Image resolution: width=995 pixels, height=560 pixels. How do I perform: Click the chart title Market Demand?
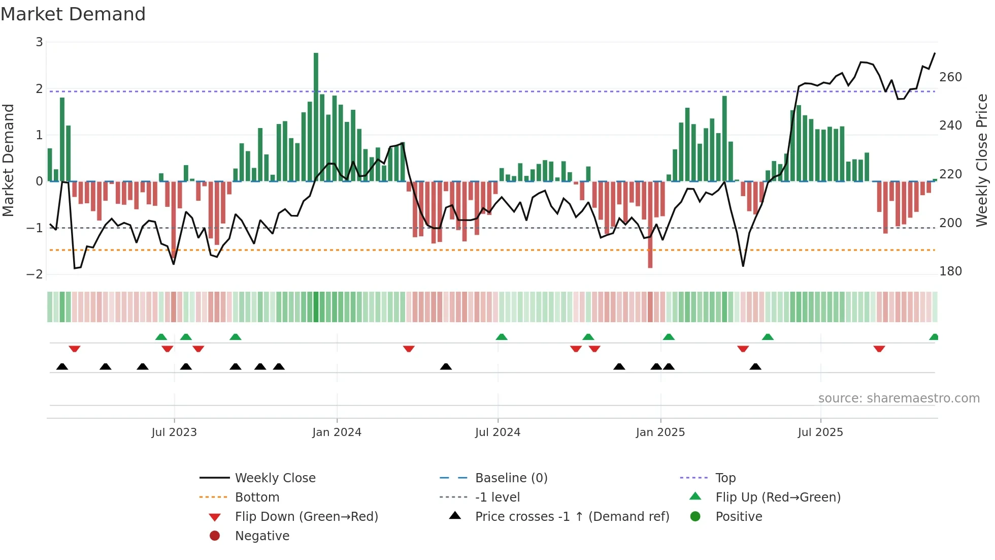pos(73,14)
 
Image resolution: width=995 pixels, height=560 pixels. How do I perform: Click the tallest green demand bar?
pos(316,117)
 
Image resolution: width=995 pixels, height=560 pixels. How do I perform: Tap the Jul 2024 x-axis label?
pos(498,432)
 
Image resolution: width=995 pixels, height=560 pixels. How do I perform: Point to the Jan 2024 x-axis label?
pos(337,432)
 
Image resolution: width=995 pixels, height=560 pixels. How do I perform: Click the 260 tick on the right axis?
pos(950,77)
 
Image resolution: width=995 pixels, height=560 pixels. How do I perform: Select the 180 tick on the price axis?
pos(950,271)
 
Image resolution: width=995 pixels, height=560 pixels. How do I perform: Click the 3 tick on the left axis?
pos(39,42)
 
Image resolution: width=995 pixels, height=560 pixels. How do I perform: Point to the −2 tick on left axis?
pos(35,274)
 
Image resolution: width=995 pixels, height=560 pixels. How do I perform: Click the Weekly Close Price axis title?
pos(982,160)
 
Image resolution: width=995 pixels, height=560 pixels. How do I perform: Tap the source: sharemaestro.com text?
pos(899,398)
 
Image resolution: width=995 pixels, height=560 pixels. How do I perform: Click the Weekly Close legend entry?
pos(275,478)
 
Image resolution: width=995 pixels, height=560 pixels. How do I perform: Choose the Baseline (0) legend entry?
pos(511,478)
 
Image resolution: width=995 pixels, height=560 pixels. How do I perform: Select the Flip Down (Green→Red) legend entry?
pos(306,517)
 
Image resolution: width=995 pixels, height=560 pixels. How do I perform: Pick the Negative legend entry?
pos(262,536)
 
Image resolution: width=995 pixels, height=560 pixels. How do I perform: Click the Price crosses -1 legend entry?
pos(572,517)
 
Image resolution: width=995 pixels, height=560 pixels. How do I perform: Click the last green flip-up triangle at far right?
pos(934,337)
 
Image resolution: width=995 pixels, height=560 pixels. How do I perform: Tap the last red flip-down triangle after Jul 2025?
pos(879,349)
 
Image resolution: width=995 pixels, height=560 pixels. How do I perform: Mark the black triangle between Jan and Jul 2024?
pos(446,366)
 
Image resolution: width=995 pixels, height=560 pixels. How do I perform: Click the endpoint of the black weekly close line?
pos(935,53)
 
